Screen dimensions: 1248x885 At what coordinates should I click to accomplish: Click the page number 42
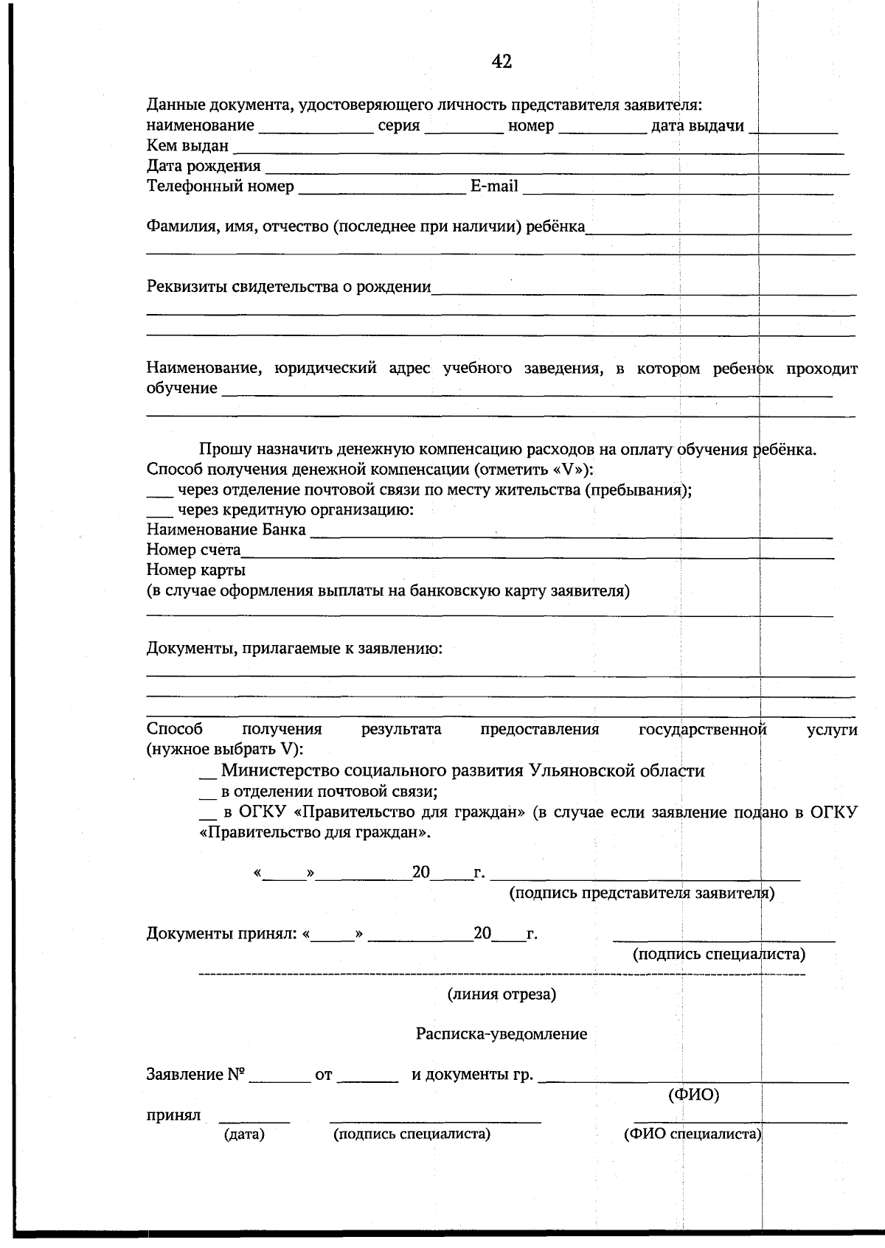(502, 62)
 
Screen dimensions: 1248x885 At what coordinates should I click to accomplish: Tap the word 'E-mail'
(494, 186)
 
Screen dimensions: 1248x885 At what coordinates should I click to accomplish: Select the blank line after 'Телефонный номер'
(381, 190)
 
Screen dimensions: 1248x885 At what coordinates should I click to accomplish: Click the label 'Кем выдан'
(187, 146)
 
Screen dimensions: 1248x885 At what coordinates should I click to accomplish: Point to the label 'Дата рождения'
(204, 166)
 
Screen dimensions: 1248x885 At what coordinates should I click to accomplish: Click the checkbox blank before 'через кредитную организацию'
(158, 513)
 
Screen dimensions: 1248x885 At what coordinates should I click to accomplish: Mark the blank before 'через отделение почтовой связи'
(158, 493)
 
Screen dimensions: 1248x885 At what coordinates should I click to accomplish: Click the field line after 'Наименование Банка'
(571, 534)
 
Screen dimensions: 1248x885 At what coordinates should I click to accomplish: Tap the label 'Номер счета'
(193, 550)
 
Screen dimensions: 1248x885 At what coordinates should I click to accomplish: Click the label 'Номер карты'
(196, 570)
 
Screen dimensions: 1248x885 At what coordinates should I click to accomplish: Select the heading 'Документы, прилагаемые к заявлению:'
(294, 649)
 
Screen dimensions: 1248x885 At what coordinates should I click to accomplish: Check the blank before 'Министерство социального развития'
(208, 776)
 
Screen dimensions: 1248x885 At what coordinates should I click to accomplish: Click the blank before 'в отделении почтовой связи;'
(208, 797)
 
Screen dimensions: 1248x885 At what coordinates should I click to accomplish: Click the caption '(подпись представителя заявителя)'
(642, 893)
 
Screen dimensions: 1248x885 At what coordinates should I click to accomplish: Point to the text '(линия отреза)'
(502, 994)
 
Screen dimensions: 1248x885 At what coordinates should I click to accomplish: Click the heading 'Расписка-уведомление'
(502, 1034)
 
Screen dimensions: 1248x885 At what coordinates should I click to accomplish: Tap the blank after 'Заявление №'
(280, 1079)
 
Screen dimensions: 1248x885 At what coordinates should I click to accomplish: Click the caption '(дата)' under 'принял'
(244, 1134)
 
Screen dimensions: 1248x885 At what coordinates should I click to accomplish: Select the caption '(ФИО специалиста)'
(693, 1134)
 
